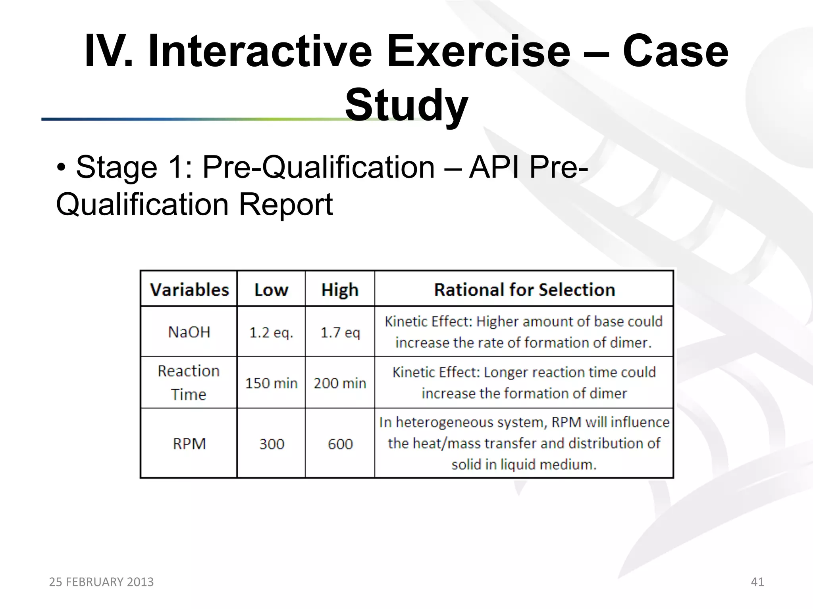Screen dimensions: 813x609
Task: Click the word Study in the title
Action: click(406, 105)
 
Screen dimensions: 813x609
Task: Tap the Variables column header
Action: click(189, 290)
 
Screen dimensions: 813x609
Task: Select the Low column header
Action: click(271, 290)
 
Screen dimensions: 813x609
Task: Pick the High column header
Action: click(340, 290)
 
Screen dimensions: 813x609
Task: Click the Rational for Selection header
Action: click(524, 290)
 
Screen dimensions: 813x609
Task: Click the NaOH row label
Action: click(189, 332)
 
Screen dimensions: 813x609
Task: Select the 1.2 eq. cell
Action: click(271, 332)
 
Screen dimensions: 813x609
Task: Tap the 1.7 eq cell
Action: click(340, 332)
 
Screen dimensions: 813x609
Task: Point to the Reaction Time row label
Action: click(189, 383)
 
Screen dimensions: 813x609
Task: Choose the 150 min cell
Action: click(271, 383)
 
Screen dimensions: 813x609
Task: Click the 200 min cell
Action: click(340, 383)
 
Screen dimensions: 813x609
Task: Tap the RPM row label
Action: click(189, 444)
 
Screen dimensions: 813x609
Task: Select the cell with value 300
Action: click(272, 444)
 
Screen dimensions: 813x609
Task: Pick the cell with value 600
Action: click(340, 444)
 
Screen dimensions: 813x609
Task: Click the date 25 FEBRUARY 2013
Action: click(101, 582)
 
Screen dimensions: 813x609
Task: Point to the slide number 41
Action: click(757, 582)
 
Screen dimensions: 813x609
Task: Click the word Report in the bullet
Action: click(285, 205)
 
